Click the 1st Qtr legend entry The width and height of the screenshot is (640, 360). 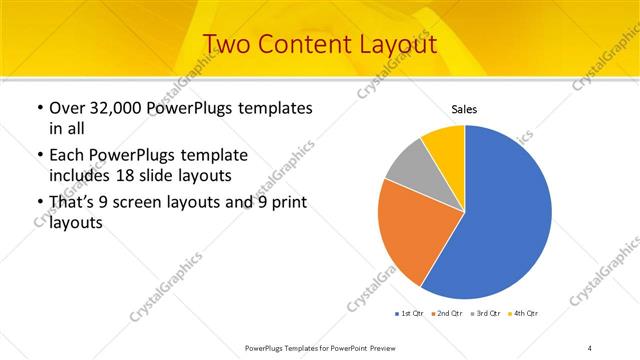coord(411,314)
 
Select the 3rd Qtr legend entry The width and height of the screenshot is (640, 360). coord(487,314)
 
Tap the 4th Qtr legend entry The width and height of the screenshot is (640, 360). coord(525,314)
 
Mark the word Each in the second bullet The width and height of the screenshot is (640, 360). coord(68,156)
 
